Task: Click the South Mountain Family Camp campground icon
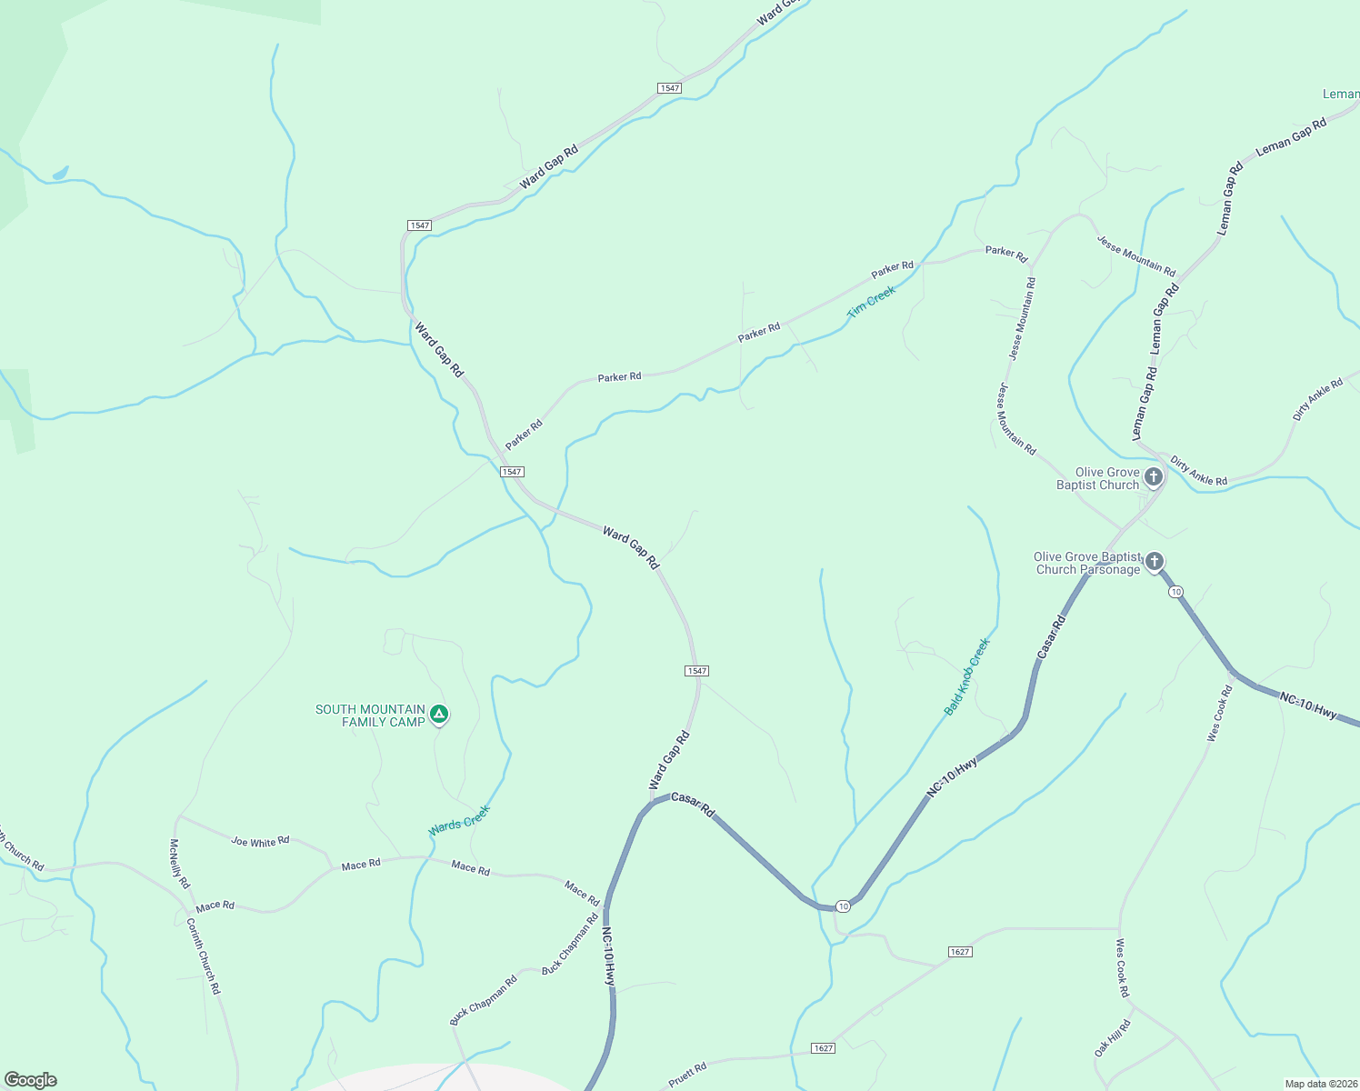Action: coord(439,715)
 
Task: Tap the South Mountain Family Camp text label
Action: coord(370,716)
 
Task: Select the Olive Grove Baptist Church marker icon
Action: coord(1154,476)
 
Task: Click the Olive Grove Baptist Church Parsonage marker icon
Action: coord(1154,561)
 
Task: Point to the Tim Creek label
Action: coord(871,301)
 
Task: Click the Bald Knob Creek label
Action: coord(966,676)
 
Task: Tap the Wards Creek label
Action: coord(459,821)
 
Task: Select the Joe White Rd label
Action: coord(260,842)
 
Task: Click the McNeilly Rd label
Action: coord(179,864)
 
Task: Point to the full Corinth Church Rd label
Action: coord(204,956)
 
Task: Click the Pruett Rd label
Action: coord(687,1076)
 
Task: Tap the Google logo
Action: coord(30,1080)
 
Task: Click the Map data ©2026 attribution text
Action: coord(1320,1084)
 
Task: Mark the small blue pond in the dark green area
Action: coord(60,173)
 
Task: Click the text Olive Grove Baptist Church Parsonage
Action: coord(1087,564)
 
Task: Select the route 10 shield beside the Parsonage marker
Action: coord(1176,592)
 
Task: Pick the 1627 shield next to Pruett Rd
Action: coord(824,1048)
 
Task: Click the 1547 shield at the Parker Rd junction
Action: coord(512,472)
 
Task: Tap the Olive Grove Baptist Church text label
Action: coord(1097,478)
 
